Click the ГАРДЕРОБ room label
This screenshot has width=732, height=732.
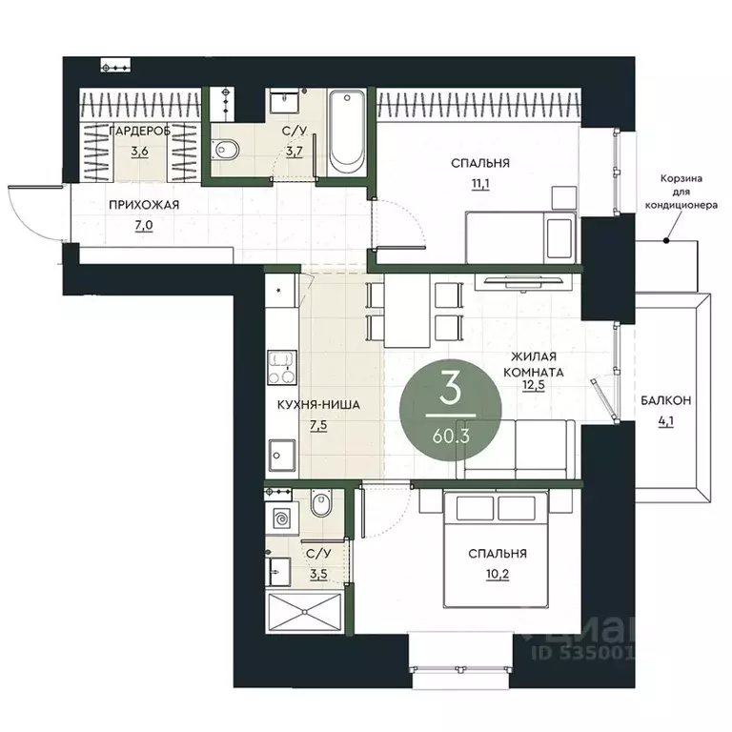pos(139,132)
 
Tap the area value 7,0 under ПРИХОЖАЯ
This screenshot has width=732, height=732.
pos(144,226)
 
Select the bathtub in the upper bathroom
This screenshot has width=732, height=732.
pos(346,133)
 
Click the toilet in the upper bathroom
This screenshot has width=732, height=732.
pos(225,150)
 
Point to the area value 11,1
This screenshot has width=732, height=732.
pos(480,184)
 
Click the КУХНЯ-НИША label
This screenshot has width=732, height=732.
pos(319,405)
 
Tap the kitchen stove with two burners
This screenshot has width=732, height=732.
pos(282,368)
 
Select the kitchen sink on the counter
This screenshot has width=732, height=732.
pos(281,456)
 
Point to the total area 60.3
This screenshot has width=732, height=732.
pos(451,436)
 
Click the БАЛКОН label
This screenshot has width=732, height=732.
pos(665,400)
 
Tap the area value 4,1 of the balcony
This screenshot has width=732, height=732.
pos(665,422)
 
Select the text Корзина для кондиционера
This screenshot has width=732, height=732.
pos(681,192)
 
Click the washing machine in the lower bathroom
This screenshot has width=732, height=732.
pos(282,519)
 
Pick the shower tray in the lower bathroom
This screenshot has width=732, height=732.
pos(305,612)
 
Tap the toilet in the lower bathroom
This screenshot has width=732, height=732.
pos(321,502)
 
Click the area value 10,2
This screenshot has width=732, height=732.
pos(498,574)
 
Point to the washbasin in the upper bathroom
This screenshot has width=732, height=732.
pos(284,101)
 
